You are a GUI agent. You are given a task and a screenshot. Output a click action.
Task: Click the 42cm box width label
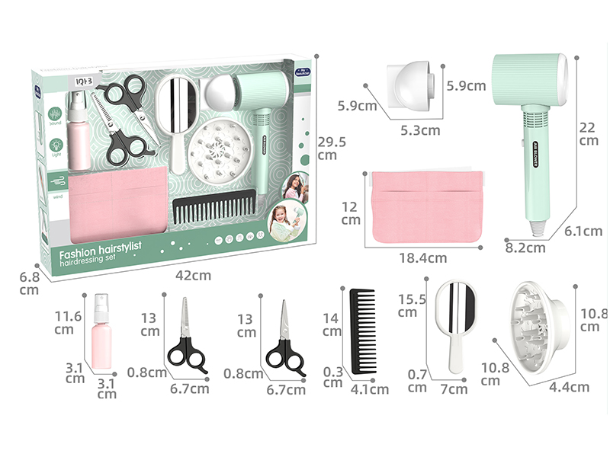196,275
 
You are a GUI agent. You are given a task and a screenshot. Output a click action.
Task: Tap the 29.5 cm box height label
327,149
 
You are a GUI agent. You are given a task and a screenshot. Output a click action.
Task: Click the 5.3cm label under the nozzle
421,129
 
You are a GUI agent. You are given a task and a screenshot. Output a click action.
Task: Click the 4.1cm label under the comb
371,389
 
